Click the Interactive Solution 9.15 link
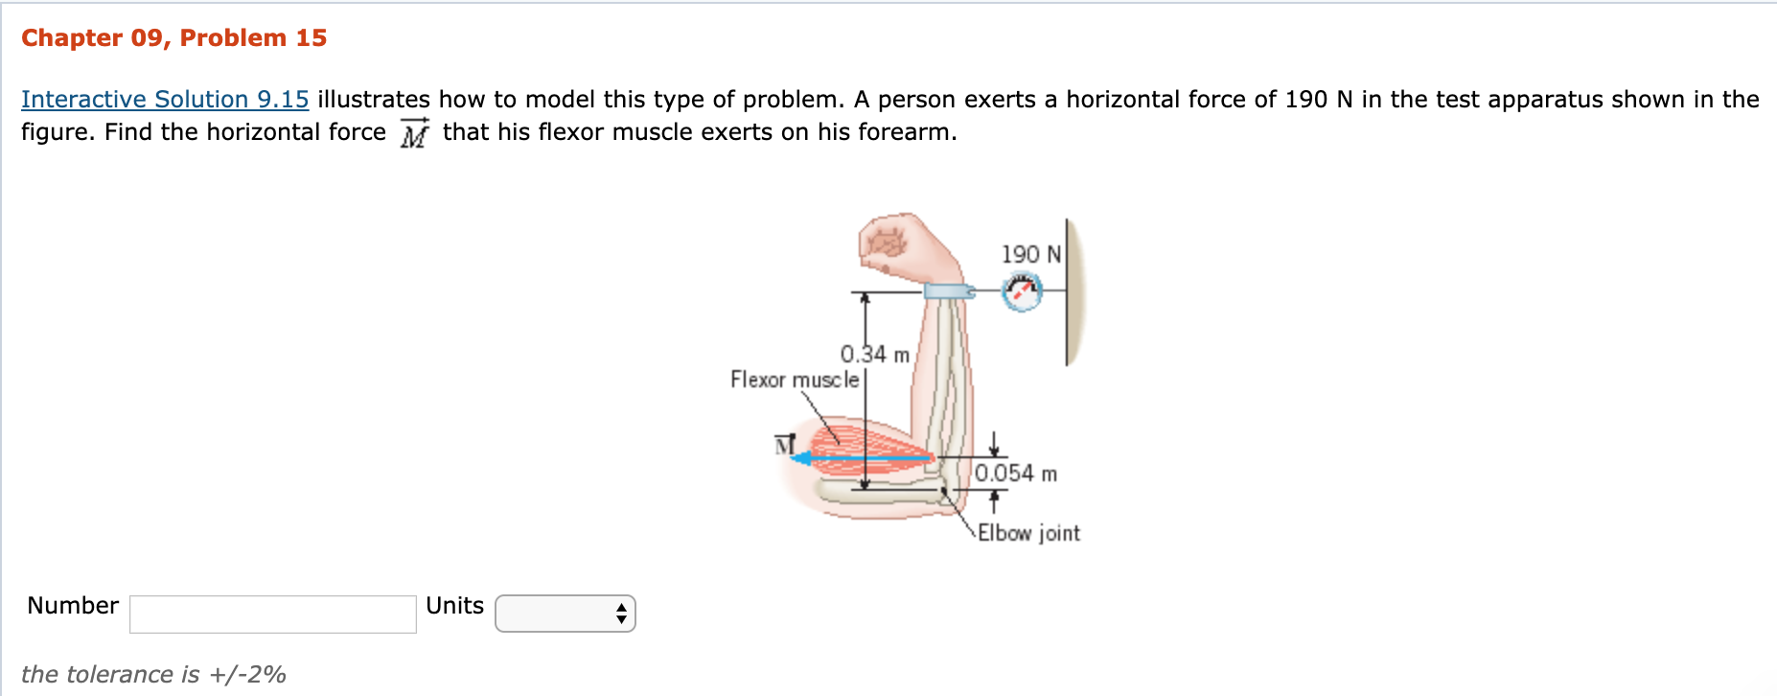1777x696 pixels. point(165,100)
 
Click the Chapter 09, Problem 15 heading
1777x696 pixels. point(173,38)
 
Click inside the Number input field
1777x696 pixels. point(272,614)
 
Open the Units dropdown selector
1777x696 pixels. point(565,614)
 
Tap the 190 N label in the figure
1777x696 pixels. point(1030,254)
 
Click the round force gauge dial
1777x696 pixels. point(1022,291)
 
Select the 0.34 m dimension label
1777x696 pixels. point(874,355)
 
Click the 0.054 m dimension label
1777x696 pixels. point(1015,474)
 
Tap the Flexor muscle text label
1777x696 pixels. point(794,380)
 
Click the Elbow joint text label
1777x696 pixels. point(1028,533)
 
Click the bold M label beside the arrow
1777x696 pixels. point(785,445)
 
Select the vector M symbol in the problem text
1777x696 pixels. point(414,133)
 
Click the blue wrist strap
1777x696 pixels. point(948,291)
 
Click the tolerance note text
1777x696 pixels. point(153,675)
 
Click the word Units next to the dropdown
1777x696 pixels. point(454,606)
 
